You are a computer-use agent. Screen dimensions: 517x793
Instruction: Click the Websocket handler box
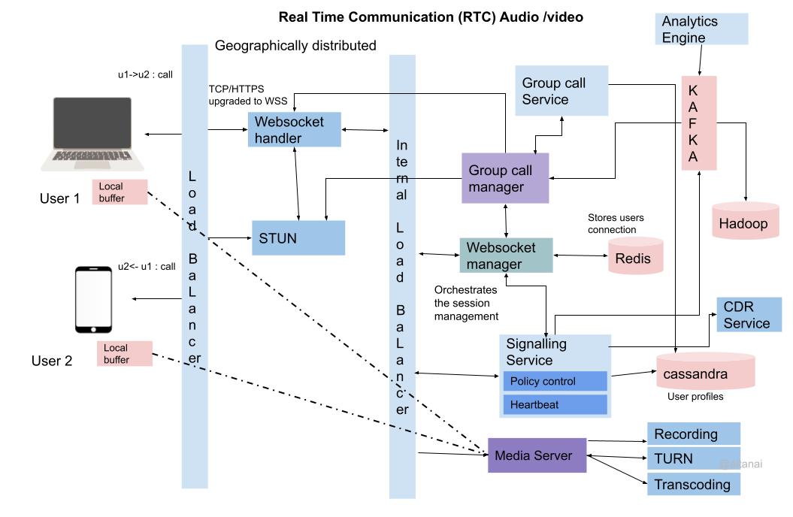(x=295, y=129)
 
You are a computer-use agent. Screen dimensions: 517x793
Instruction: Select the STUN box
(x=298, y=238)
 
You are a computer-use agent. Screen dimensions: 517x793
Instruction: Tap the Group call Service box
(x=561, y=90)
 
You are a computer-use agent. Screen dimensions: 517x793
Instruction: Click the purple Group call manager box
(x=505, y=178)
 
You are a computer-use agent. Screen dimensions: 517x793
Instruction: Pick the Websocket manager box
(x=505, y=255)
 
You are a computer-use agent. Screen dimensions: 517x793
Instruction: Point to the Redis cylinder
(x=635, y=255)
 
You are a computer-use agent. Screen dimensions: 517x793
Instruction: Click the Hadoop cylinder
(x=745, y=220)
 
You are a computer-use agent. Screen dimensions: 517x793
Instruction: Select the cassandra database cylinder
(x=703, y=370)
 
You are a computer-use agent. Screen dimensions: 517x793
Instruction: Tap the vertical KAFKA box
(x=698, y=122)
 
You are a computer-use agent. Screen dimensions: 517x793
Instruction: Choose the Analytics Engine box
(x=701, y=29)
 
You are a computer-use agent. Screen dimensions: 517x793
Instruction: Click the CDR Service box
(x=749, y=315)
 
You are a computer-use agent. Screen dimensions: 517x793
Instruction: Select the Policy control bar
(x=555, y=381)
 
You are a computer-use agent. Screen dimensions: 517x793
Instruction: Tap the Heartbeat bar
(x=555, y=404)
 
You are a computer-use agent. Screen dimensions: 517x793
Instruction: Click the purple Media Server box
(x=537, y=455)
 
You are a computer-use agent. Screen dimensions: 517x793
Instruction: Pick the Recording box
(x=693, y=434)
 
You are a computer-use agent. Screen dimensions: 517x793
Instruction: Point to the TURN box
(x=693, y=458)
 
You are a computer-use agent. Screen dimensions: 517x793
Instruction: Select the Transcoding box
(x=693, y=484)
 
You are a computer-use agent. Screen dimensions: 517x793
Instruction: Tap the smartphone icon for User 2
(x=95, y=299)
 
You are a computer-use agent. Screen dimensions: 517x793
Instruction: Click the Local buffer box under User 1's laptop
(x=120, y=192)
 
